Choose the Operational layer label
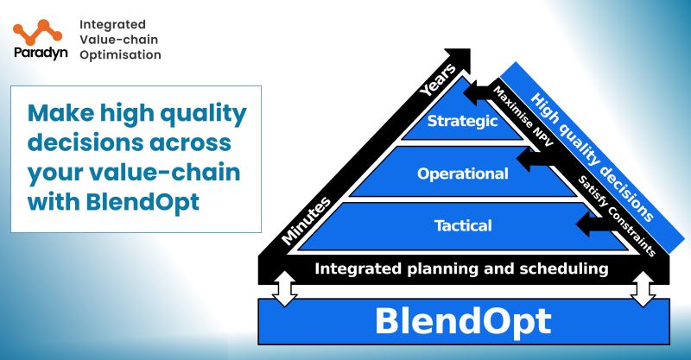[463, 174]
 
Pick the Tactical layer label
[463, 226]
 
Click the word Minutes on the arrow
[307, 219]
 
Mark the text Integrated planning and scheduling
[461, 268]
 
